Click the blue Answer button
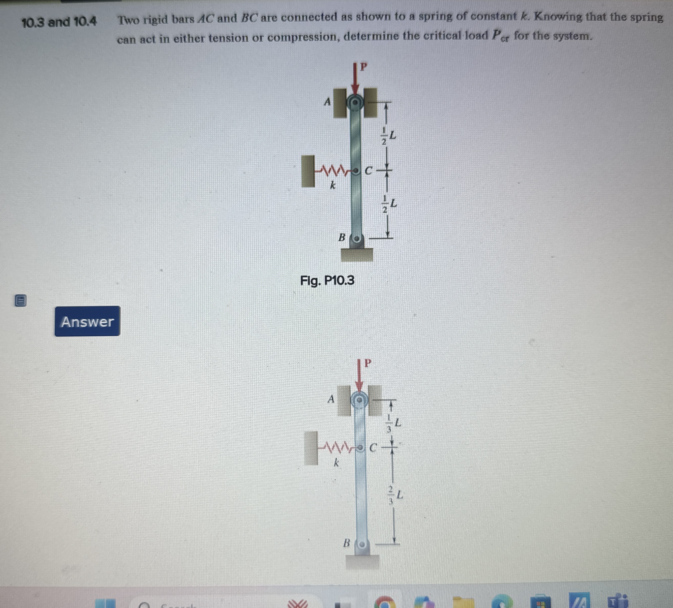click(x=87, y=321)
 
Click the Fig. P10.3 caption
click(x=327, y=280)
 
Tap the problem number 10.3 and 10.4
click(x=59, y=22)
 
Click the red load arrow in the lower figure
click(x=359, y=375)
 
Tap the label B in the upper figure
click(x=342, y=238)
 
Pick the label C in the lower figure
click(x=373, y=448)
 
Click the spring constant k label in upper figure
click(x=332, y=185)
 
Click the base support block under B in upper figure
click(x=357, y=255)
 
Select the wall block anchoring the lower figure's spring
click(x=311, y=448)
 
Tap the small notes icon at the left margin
click(x=20, y=301)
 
